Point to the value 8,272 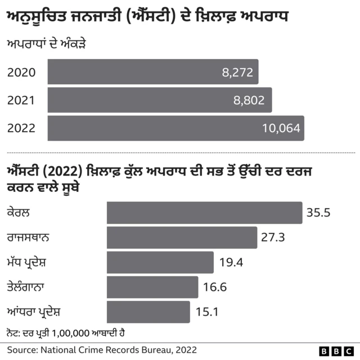237,73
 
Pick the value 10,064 281,129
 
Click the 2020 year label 21,73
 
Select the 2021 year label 21,101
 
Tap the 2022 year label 21,129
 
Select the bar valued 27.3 182,237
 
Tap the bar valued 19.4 160,262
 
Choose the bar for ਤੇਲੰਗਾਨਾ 152,287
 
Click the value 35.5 318,213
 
